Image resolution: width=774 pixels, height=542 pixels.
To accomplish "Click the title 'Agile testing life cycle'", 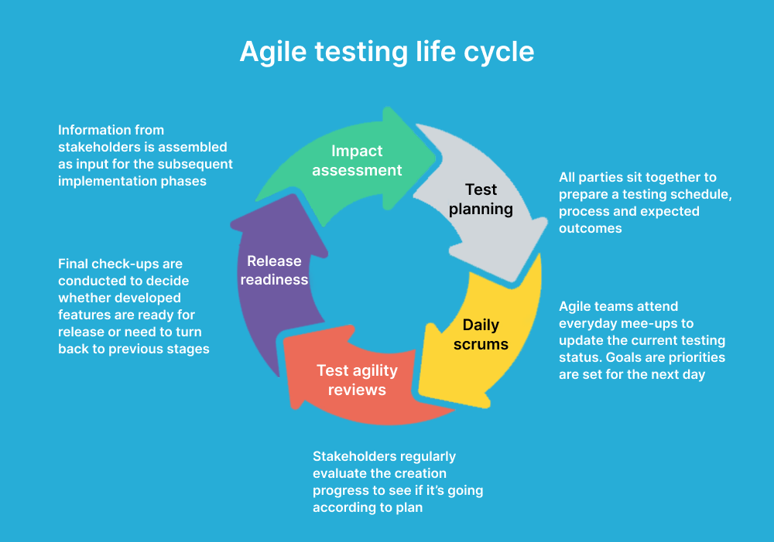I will click(x=386, y=51).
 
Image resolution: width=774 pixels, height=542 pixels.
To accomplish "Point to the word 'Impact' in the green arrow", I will click(x=357, y=151).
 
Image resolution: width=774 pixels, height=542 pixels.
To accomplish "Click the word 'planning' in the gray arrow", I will click(x=481, y=209).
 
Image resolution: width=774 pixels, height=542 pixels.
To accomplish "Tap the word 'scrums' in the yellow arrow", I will click(x=481, y=344).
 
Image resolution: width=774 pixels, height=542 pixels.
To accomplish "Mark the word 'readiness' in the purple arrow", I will click(x=274, y=280).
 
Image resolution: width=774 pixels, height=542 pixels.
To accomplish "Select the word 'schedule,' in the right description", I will click(x=700, y=194).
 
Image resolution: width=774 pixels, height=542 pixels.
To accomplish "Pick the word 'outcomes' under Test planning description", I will click(x=591, y=228).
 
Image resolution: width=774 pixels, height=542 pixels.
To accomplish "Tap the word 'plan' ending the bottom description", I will click(x=409, y=507).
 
